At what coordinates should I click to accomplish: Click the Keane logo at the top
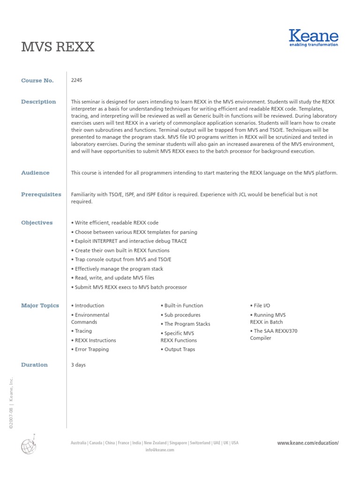coord(313,38)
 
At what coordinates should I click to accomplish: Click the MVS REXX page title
coord(58,47)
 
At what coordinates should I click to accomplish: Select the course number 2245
coord(76,80)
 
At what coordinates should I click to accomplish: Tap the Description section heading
coord(38,102)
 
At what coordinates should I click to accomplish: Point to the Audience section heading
coord(35,173)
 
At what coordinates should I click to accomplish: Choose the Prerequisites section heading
coord(41,195)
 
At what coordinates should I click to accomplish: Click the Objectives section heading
coord(37,223)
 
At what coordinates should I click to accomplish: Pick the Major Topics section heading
coord(40,306)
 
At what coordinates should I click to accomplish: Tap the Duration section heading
coord(34,365)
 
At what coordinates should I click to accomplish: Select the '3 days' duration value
coord(78,365)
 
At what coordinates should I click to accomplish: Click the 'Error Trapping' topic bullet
coord(90,349)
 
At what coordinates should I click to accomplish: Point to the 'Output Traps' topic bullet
coord(178,349)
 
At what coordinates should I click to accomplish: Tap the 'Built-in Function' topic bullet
coord(182,306)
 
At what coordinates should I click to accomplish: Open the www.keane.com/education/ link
coord(307,443)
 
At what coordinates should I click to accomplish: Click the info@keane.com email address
coord(160,450)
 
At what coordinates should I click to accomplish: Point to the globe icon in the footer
coord(28,445)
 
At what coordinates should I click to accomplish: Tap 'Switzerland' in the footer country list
coord(199,443)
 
